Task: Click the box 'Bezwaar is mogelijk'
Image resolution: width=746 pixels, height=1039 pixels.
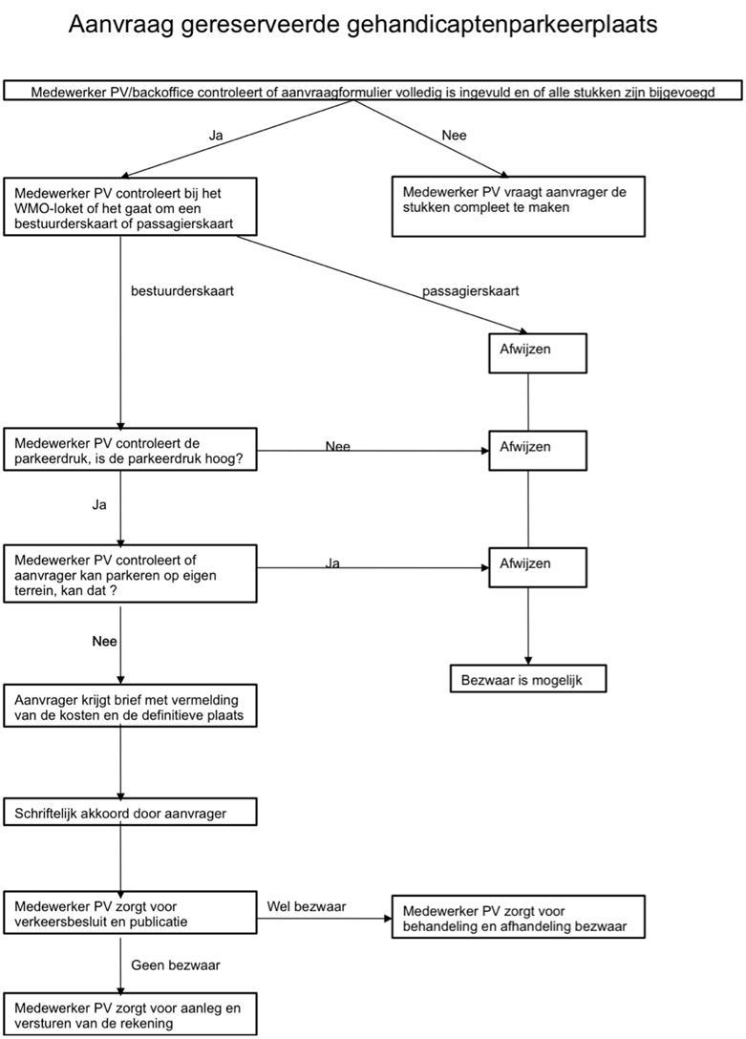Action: pyautogui.click(x=528, y=679)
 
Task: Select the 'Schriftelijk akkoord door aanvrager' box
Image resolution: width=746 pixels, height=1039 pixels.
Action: pyautogui.click(x=130, y=813)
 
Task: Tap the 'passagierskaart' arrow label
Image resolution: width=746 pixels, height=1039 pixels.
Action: pyautogui.click(x=470, y=291)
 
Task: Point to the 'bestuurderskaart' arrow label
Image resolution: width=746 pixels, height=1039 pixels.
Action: pyautogui.click(x=182, y=291)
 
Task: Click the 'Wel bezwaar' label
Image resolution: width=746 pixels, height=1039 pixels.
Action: pyautogui.click(x=307, y=906)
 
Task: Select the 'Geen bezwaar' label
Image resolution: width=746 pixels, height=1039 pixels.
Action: pyautogui.click(x=176, y=965)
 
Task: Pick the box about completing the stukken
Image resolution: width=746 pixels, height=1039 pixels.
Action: pyautogui.click(x=518, y=206)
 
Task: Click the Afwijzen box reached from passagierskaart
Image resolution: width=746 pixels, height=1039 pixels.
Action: pyautogui.click(x=538, y=353)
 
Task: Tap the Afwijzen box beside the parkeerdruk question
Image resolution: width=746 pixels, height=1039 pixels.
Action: pyautogui.click(x=538, y=451)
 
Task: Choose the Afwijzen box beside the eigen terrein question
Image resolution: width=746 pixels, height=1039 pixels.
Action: pyautogui.click(x=538, y=567)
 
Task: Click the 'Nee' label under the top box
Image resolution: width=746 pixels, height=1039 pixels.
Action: pyautogui.click(x=454, y=136)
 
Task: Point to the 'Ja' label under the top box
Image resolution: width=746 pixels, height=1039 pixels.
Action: pyautogui.click(x=216, y=136)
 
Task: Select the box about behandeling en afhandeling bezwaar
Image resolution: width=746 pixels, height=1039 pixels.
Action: pyautogui.click(x=518, y=917)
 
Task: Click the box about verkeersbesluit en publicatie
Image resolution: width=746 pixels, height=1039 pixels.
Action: pyautogui.click(x=130, y=912)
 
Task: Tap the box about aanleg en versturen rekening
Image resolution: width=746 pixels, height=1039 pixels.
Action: pyautogui.click(x=130, y=1014)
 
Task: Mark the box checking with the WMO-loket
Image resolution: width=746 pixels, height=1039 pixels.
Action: pyautogui.click(x=130, y=206)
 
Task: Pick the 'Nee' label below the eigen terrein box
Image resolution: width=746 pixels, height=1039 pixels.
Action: pyautogui.click(x=105, y=642)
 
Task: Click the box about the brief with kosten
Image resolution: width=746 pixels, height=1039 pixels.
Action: pyautogui.click(x=130, y=706)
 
